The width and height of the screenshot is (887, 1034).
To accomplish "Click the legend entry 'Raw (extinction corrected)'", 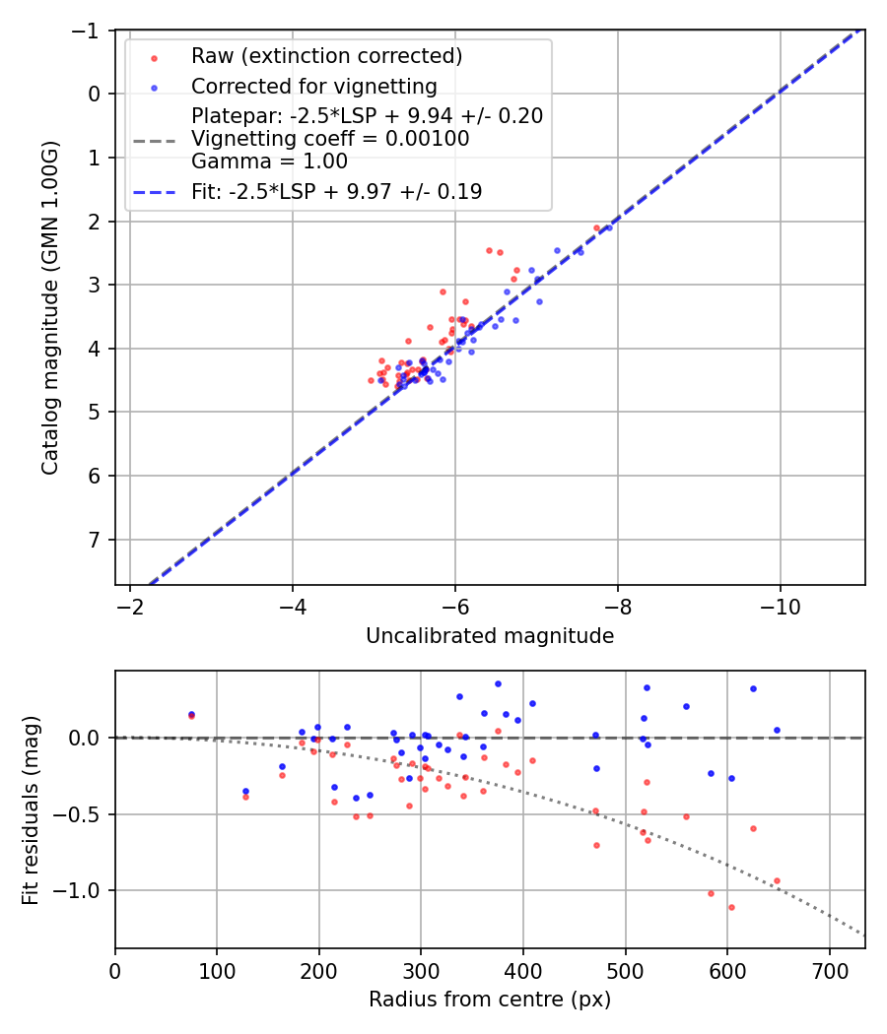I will (x=327, y=55).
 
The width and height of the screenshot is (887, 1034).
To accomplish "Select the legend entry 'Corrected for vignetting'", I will (x=314, y=86).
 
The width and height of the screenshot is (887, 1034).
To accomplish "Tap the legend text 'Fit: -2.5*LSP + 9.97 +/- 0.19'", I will (x=337, y=192).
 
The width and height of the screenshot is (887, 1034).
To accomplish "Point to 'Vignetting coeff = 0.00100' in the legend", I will (x=330, y=139).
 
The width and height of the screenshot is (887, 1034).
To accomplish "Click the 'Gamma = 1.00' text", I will (x=269, y=161).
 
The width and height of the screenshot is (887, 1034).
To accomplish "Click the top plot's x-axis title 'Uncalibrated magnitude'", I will (x=490, y=636).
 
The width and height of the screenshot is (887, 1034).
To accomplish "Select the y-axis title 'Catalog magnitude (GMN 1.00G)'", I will (x=50, y=307).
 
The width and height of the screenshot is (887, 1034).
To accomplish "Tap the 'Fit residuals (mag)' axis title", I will (x=31, y=809).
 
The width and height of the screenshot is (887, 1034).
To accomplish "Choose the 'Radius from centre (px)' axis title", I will (x=490, y=1000).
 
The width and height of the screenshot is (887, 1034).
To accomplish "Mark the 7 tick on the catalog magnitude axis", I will (x=96, y=540).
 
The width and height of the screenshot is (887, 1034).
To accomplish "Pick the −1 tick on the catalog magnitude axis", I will (x=92, y=31).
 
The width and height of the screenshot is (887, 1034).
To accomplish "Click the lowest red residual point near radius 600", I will (x=731, y=907).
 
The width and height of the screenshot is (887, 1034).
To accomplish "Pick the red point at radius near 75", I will (x=191, y=716).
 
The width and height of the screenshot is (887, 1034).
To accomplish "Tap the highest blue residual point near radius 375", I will (x=498, y=683).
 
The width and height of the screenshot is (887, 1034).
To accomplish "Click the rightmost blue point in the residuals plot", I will (x=777, y=730).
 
